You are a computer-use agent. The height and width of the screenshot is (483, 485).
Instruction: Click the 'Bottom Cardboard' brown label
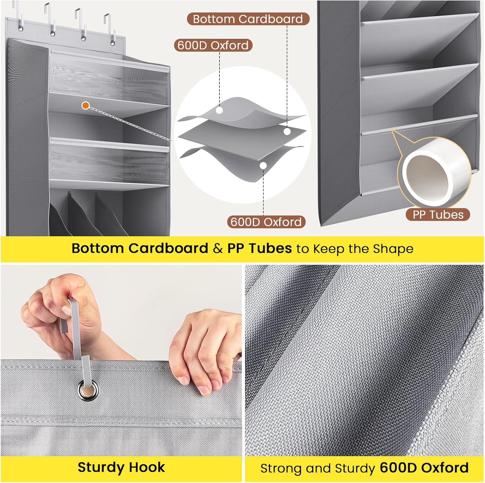(x=248, y=19)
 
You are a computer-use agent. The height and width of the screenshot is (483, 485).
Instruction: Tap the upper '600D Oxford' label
(x=213, y=45)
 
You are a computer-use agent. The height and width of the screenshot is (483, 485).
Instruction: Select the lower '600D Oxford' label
(x=266, y=222)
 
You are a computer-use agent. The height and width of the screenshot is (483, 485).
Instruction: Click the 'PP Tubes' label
(x=438, y=215)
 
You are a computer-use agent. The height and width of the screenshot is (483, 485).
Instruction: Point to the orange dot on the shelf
(x=85, y=105)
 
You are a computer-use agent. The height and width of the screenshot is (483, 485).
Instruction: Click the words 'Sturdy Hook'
(x=121, y=467)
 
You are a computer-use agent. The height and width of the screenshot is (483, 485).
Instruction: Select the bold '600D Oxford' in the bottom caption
(x=424, y=468)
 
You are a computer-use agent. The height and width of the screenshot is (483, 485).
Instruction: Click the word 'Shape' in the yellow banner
(x=393, y=249)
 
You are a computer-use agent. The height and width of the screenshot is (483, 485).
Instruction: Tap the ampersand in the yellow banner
(x=218, y=249)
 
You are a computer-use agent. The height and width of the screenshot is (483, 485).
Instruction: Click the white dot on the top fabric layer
(x=220, y=110)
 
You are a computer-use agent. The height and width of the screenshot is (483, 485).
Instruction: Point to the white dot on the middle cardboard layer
(x=287, y=132)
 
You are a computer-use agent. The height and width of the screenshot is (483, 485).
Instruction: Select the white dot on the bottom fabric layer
(x=264, y=166)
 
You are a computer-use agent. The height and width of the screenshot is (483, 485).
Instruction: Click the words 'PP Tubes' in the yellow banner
(x=259, y=248)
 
